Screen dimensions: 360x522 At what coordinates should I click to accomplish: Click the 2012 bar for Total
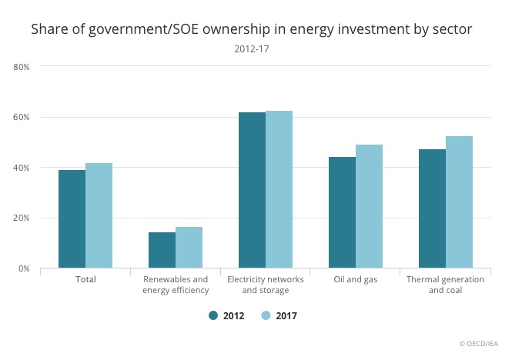click(x=72, y=219)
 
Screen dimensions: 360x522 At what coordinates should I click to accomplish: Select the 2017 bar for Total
click(x=99, y=215)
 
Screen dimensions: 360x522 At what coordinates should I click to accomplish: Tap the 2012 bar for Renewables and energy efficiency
click(x=162, y=250)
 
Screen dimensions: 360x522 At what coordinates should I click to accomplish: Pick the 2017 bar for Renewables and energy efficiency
click(x=189, y=248)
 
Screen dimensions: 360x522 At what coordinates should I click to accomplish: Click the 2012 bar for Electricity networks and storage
click(x=252, y=190)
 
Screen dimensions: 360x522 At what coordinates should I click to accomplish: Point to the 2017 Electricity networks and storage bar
click(x=279, y=189)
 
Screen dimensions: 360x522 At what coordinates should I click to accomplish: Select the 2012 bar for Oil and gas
click(x=342, y=212)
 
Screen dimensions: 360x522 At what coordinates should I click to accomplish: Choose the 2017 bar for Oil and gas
click(x=369, y=206)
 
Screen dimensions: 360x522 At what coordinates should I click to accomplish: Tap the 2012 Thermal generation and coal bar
click(x=432, y=208)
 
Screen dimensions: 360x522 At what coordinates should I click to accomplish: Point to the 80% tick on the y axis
click(x=22, y=67)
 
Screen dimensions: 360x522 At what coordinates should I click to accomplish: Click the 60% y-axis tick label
click(x=22, y=118)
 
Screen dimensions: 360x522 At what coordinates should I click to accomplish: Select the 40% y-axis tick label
click(x=22, y=168)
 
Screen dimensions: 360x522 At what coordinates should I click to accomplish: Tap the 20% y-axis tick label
click(x=22, y=218)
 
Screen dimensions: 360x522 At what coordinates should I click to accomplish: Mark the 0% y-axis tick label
click(x=24, y=268)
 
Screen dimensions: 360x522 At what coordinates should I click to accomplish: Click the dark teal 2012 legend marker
click(x=213, y=315)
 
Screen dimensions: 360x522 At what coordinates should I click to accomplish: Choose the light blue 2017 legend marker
click(x=266, y=315)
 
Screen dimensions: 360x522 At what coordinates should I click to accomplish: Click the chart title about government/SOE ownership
click(x=251, y=30)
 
